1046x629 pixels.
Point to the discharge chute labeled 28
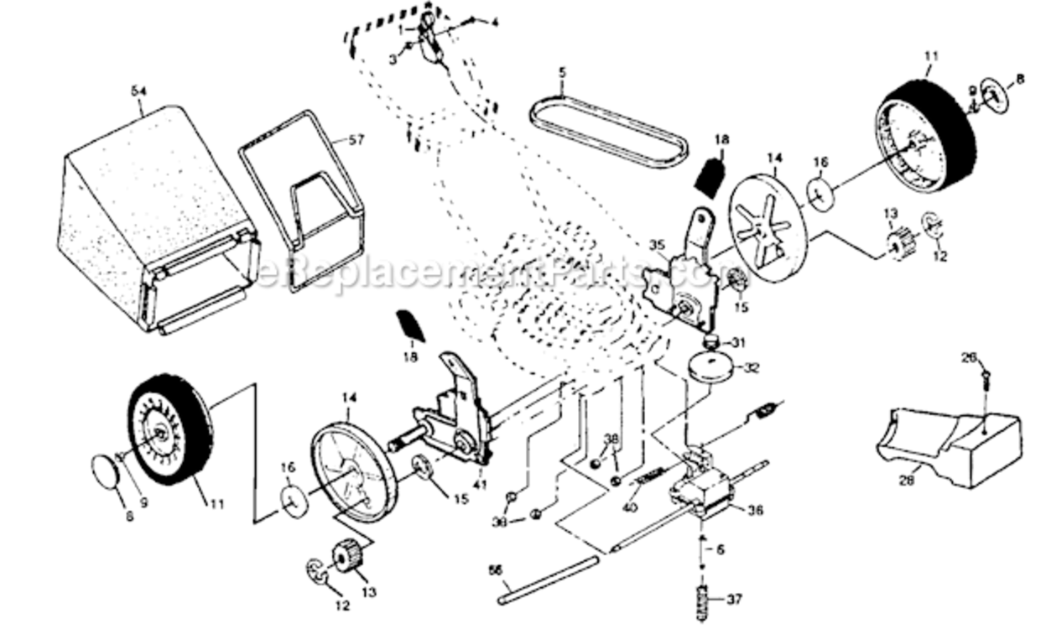pos(952,444)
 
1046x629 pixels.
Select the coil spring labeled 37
pos(704,600)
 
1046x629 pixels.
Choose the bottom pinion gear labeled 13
pos(346,556)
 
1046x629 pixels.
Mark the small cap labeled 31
pos(712,341)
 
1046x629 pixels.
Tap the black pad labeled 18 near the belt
pos(710,177)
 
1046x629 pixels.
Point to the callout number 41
pos(479,484)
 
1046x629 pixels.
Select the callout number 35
pos(657,245)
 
